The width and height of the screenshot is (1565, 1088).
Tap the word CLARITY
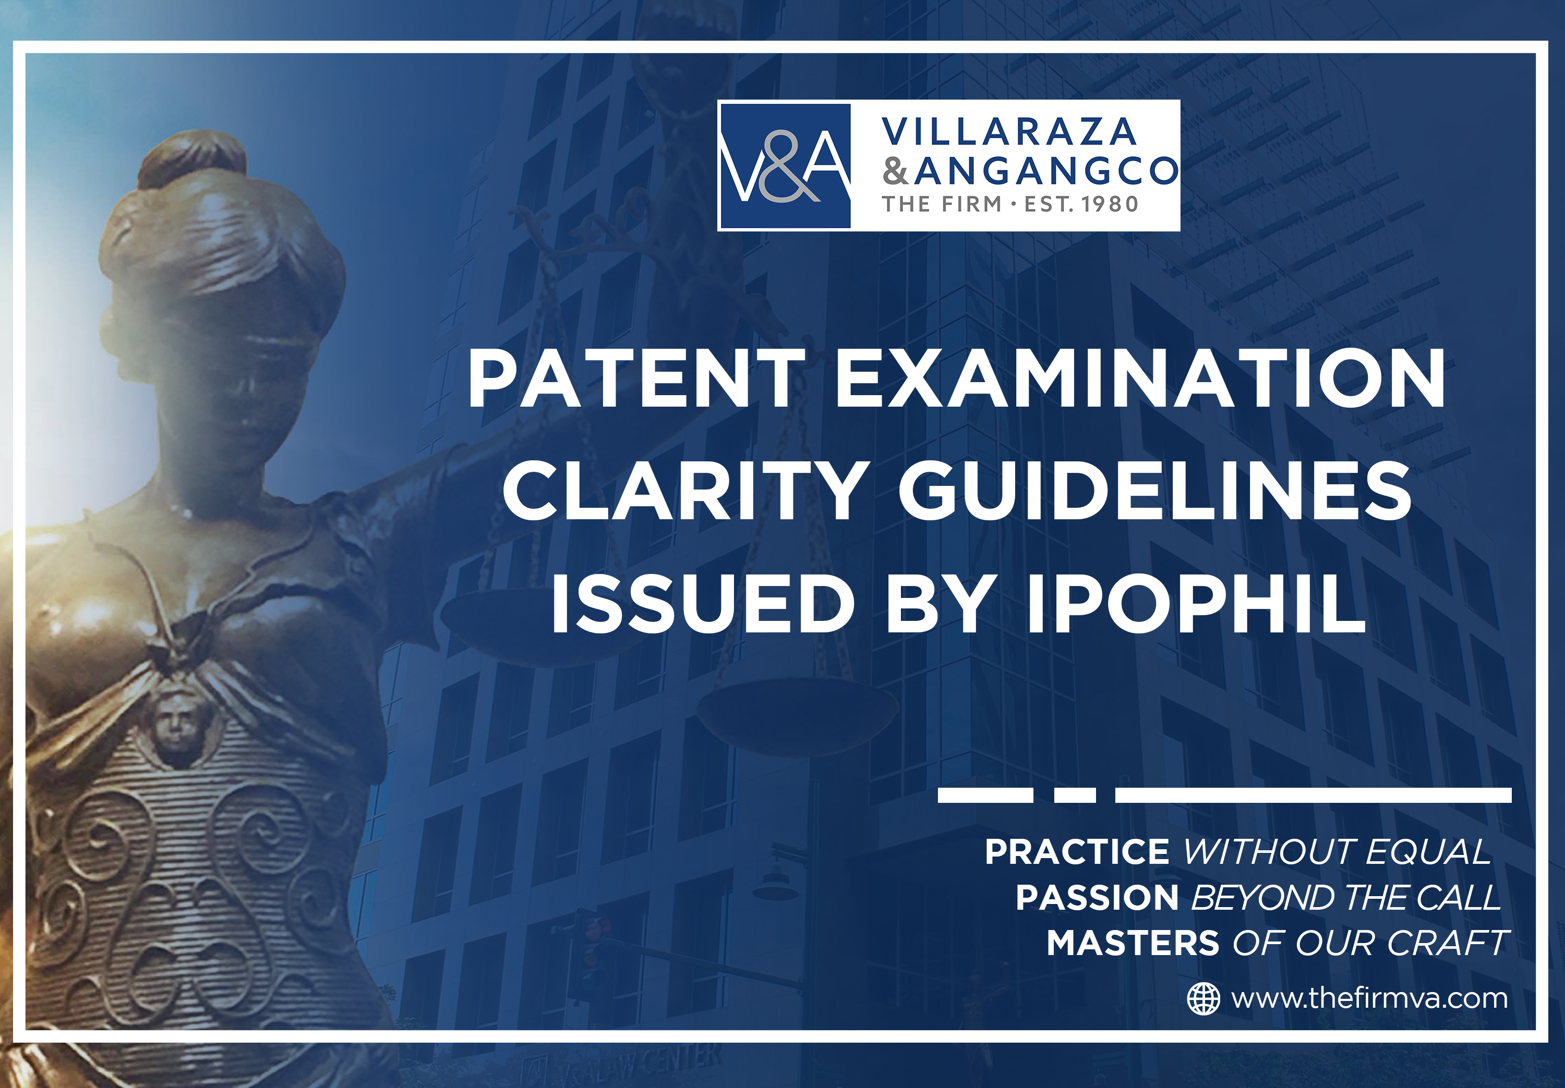[685, 491]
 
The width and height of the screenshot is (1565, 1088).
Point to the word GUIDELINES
[1154, 491]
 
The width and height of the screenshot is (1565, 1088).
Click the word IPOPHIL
[1196, 603]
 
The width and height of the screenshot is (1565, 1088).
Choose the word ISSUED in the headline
[703, 603]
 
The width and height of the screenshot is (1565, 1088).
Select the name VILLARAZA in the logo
[1009, 132]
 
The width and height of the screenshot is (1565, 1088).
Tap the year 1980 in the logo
[1109, 204]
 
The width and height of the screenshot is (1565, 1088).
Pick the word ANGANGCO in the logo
[1046, 171]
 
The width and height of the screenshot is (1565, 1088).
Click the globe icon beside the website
[1203, 999]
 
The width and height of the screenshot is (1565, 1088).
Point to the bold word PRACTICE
[1077, 852]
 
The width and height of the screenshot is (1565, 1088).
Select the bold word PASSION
[1097, 897]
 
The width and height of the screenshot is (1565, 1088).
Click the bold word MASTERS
[1133, 943]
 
